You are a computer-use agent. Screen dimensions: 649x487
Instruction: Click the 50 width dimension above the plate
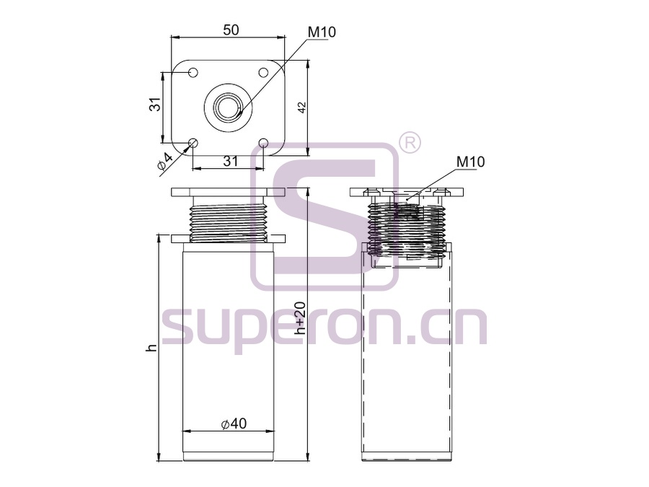[x=231, y=30]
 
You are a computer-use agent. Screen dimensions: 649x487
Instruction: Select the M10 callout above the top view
[x=322, y=32]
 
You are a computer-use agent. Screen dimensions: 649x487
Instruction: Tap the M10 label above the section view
[x=470, y=162]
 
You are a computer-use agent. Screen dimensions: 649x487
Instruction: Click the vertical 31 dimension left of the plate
[x=155, y=105]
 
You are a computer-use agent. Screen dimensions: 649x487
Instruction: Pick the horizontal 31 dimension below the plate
[x=231, y=161]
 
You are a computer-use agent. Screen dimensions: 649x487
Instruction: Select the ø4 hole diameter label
[x=164, y=161]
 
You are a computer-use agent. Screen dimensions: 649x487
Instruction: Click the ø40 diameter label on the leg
[x=234, y=424]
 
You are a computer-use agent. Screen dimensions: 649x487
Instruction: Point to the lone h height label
[x=152, y=348]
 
